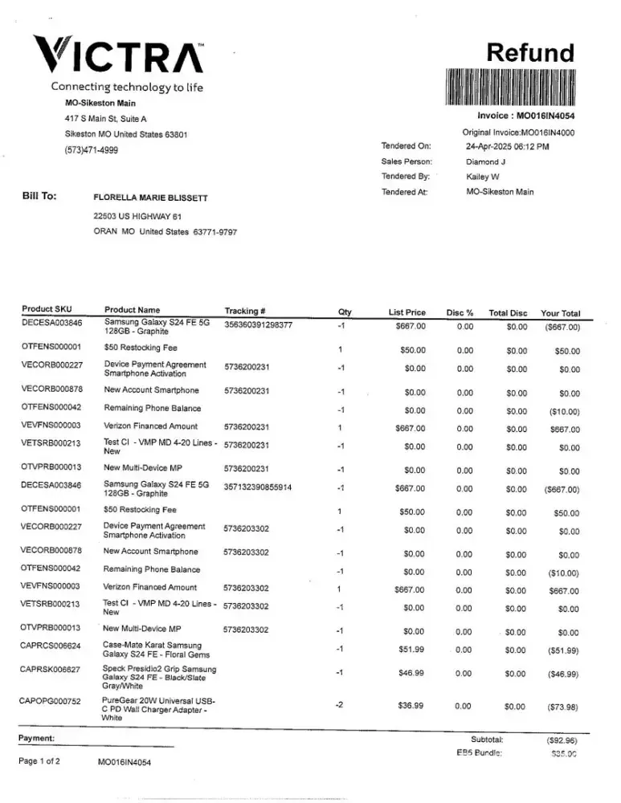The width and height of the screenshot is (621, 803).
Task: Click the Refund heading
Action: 532,53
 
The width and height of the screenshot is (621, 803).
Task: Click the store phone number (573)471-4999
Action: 91,150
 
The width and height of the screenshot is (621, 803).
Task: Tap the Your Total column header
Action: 560,313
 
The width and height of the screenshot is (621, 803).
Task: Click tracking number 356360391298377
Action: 258,325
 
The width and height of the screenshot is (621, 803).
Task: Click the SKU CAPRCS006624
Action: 51,646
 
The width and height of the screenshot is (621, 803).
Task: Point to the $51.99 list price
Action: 411,649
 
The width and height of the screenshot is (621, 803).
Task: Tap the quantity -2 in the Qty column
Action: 340,704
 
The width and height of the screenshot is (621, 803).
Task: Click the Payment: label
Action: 36,737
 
